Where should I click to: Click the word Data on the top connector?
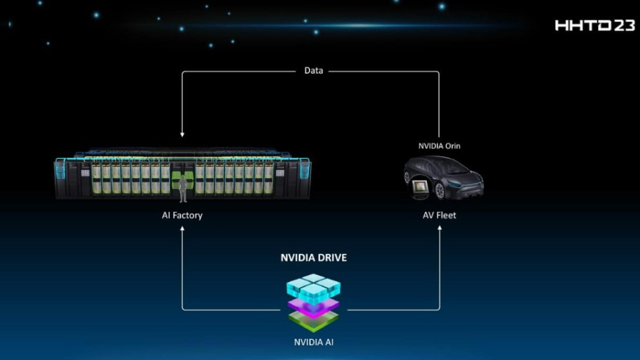click(x=314, y=71)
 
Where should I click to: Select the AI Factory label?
click(x=182, y=216)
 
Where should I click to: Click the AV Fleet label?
click(x=439, y=216)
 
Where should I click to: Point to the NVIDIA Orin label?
click(x=439, y=146)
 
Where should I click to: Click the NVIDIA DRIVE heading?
click(x=313, y=257)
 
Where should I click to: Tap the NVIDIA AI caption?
click(x=313, y=342)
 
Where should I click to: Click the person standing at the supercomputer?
click(x=183, y=189)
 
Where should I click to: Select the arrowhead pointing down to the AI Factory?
click(x=182, y=133)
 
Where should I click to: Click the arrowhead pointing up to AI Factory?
click(x=182, y=229)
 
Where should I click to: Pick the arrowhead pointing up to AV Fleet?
click(x=439, y=229)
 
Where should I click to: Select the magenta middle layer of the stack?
click(x=313, y=306)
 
